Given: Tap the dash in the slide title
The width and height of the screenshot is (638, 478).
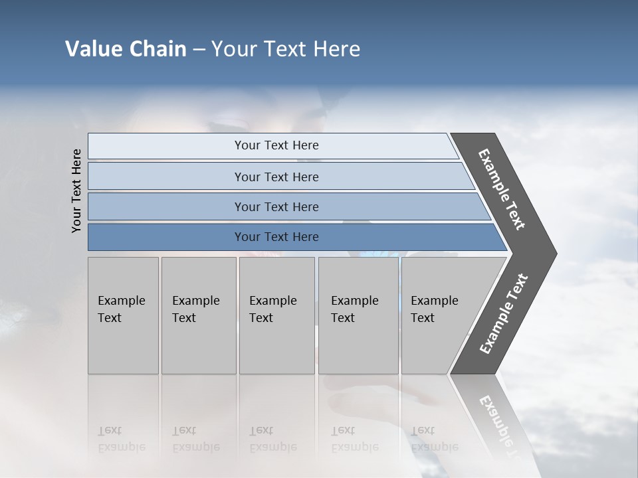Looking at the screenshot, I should coord(199,50).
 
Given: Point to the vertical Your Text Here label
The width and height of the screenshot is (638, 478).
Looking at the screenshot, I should coord(76,191).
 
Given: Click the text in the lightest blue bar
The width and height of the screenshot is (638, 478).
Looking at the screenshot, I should coord(276,145).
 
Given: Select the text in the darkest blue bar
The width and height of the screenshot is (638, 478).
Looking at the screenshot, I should coord(276,237).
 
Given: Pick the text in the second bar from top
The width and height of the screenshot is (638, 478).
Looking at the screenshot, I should coord(276,177).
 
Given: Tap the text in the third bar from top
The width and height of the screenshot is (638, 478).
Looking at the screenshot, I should coord(276,207).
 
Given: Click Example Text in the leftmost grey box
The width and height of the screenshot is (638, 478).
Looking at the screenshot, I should coord(121,309).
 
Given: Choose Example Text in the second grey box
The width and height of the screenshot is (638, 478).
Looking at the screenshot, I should coord(195,309).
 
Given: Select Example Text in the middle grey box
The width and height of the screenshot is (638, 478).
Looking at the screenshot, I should coord(272,309).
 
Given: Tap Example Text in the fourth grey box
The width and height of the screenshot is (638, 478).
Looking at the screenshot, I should coord(354,309).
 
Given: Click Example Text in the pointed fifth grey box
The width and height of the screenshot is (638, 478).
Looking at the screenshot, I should coord(434,309).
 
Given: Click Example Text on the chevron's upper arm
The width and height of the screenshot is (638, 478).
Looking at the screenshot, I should coord(502,189).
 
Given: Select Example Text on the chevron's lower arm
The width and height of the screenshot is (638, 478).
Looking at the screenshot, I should coord(504,314).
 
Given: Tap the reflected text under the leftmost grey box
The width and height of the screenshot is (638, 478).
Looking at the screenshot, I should coord(121,439).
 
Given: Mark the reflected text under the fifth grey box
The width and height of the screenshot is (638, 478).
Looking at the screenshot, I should coord(434,439).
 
